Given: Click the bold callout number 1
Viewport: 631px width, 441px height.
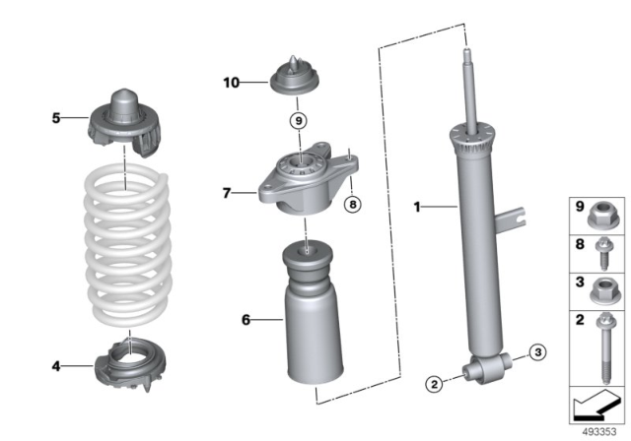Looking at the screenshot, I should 418,207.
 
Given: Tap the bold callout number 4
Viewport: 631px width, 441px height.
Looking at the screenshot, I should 56,366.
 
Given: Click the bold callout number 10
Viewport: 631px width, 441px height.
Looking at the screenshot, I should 231,83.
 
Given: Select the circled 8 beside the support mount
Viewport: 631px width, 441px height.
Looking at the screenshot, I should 350,205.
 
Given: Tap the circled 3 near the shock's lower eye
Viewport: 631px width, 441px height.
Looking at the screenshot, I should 534,351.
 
